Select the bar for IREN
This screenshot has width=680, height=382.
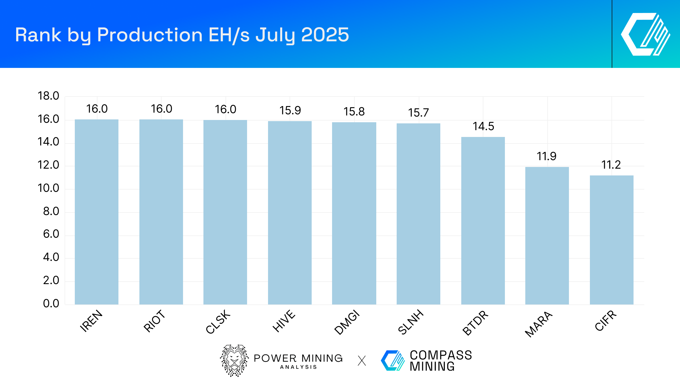(x=97, y=212)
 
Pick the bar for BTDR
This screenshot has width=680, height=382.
(x=483, y=221)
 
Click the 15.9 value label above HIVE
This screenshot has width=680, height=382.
(x=290, y=110)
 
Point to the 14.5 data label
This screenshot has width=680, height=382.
(x=483, y=126)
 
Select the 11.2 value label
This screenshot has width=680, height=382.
(x=611, y=165)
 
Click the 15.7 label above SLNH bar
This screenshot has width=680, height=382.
(x=418, y=113)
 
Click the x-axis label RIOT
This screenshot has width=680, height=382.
(x=154, y=321)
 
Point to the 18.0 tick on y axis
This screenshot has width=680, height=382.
(x=48, y=96)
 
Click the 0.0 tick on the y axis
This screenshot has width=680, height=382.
(x=51, y=303)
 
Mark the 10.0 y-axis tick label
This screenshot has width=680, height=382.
(x=48, y=188)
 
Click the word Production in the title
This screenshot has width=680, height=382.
(x=150, y=35)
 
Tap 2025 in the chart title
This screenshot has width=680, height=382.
(x=325, y=35)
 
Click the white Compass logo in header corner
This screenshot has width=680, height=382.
(x=646, y=34)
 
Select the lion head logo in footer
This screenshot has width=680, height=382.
(x=234, y=360)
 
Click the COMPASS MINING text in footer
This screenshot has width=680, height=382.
(x=441, y=360)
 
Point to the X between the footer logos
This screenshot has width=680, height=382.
(x=362, y=361)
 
